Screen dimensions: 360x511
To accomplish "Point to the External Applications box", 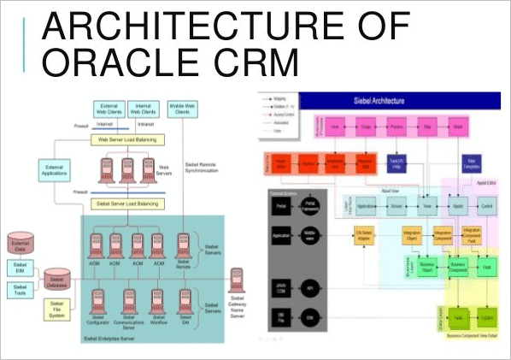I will click(52, 169).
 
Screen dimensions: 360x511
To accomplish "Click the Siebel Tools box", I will click(19, 291).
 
